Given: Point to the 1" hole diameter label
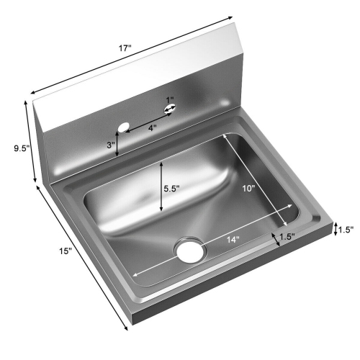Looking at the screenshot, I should [x=170, y=99].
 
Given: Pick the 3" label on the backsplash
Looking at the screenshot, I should [x=110, y=145].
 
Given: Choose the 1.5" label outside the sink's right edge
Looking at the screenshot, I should [x=346, y=230].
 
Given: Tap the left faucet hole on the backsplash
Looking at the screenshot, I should [x=123, y=127].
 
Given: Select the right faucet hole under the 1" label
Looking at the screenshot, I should [x=171, y=109].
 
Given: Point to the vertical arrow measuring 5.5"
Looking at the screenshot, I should [x=161, y=186].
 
